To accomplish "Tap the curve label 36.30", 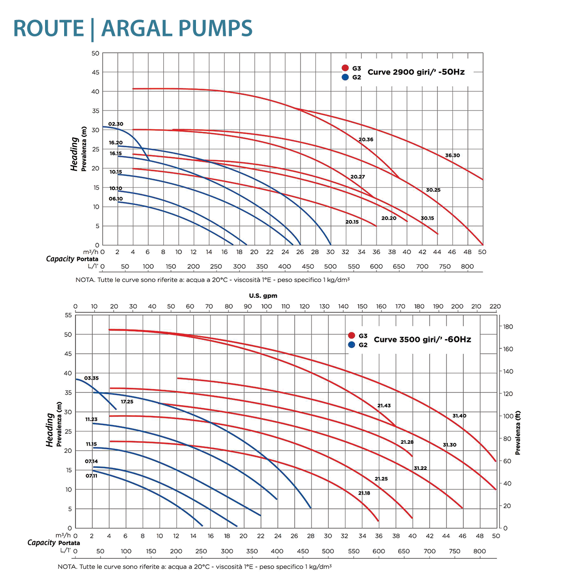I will click(x=452, y=156).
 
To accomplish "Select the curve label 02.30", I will click(x=115, y=124).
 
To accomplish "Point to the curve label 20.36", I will click(x=366, y=140).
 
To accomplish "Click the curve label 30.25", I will click(x=433, y=190).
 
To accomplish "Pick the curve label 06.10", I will click(x=115, y=199).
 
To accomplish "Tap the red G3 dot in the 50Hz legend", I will click(x=345, y=68).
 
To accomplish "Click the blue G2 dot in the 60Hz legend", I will click(x=351, y=345).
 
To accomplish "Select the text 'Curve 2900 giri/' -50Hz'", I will click(x=416, y=72).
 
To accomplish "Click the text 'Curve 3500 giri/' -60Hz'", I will click(x=422, y=340).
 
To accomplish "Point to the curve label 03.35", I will click(x=91, y=378).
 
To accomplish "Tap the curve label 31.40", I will click(x=459, y=416).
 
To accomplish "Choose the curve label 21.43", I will click(x=384, y=406).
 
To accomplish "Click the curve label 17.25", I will click(x=127, y=402).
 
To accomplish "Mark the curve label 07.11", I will click(x=91, y=476).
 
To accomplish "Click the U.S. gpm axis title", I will click(x=263, y=296).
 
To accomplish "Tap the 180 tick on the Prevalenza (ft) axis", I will click(x=508, y=327).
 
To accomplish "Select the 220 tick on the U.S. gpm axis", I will click(x=495, y=306).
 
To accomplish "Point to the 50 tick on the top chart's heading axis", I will click(x=95, y=53).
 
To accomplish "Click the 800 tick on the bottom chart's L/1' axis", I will click(x=479, y=551).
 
